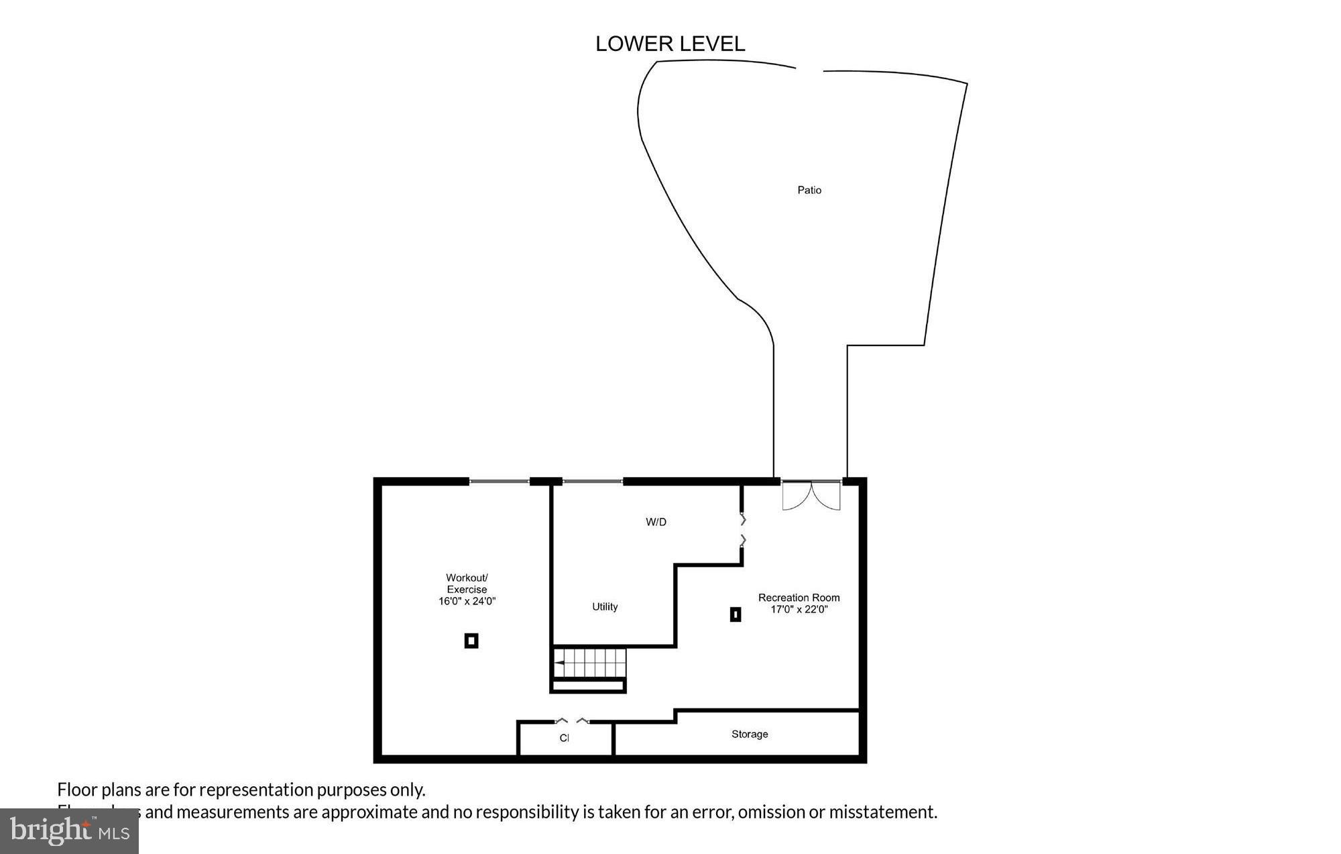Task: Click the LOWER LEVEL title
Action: tap(670, 44)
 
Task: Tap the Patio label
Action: tap(809, 191)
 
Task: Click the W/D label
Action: tap(656, 522)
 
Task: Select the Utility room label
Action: tap(605, 606)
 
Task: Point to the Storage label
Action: tap(750, 734)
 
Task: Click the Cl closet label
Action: tap(564, 738)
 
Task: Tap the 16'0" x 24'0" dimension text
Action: tap(467, 602)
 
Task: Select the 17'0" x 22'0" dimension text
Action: tap(799, 610)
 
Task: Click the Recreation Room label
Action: tap(799, 598)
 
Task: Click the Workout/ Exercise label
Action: tap(467, 584)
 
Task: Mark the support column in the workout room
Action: tap(471, 641)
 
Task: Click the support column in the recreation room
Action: tap(736, 614)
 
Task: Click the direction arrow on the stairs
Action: tap(559, 663)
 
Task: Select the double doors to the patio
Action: tap(811, 495)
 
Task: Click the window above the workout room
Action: tap(499, 481)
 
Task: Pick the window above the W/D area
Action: tap(592, 481)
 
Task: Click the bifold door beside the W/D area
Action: tap(742, 530)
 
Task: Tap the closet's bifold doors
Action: tap(572, 721)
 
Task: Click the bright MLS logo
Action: tap(69, 831)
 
